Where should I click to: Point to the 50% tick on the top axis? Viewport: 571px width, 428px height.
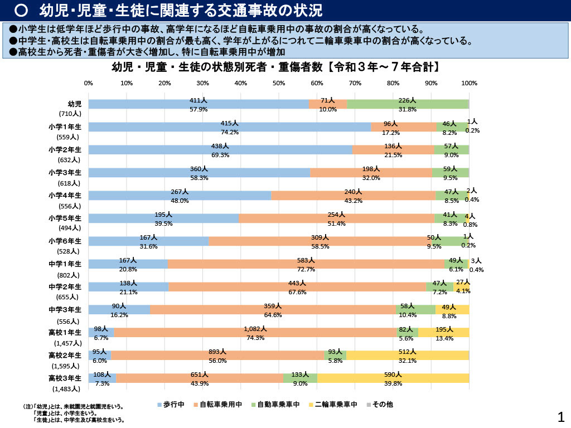279,83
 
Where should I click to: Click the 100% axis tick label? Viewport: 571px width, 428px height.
470,83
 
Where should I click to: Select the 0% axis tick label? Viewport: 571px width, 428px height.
89,83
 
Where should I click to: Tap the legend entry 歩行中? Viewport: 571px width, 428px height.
171,405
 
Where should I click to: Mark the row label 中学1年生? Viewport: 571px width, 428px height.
65,264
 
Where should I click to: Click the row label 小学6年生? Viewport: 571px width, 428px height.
65,241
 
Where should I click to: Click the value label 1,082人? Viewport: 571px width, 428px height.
255,329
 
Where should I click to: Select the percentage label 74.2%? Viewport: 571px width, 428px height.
229,133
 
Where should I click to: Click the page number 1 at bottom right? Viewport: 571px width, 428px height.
561,416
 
